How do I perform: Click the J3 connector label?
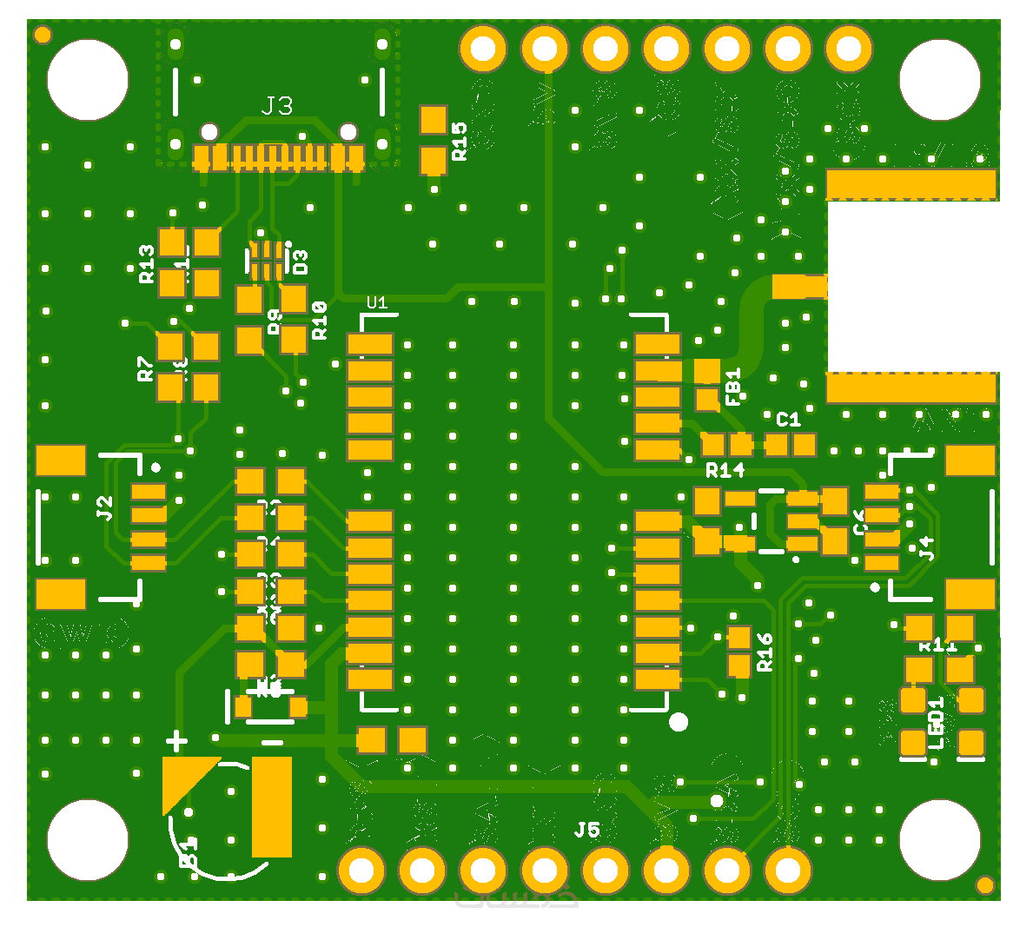point(277,106)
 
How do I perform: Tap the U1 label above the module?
point(377,302)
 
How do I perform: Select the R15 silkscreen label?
point(460,141)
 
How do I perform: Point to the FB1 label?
point(732,387)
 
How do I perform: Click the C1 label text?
point(788,420)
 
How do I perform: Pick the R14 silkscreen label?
point(725,470)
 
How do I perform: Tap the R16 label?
point(765,652)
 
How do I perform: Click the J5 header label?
point(587,830)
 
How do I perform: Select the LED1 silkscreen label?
point(936,723)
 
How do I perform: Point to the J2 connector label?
point(105,507)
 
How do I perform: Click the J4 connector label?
point(927,548)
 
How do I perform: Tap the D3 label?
point(300,262)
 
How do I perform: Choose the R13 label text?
point(147,264)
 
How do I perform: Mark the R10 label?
point(320,320)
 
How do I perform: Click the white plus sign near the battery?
point(177,741)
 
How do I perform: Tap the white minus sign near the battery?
point(272,742)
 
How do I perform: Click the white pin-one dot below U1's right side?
point(679,722)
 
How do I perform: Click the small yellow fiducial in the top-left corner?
point(42,36)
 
